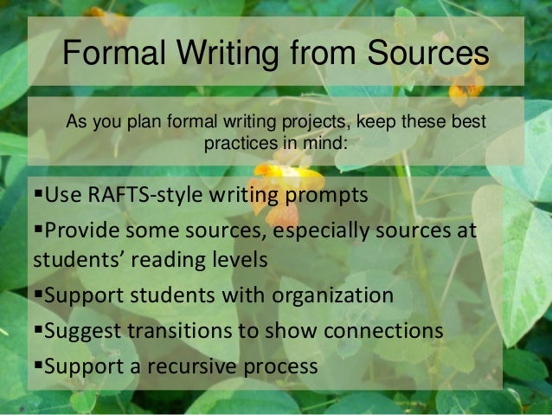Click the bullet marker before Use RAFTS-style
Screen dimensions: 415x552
pos(36,192)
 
